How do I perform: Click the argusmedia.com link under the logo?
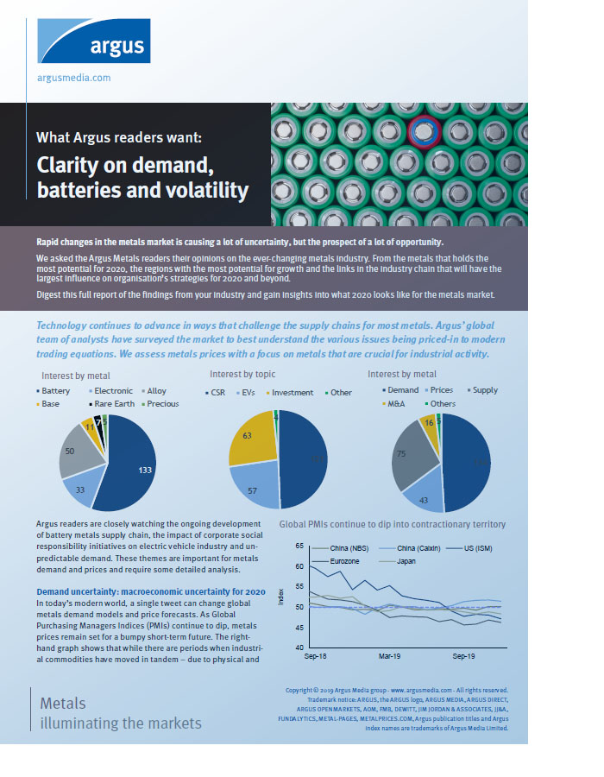point(73,77)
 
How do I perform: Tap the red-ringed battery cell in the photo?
point(424,132)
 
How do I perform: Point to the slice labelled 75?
point(401,454)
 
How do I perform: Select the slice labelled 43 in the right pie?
point(424,497)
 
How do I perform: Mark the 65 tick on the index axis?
point(299,546)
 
